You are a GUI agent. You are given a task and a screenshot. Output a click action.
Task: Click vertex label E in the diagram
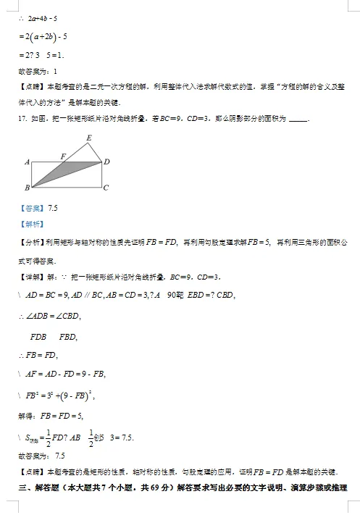coord(88,138)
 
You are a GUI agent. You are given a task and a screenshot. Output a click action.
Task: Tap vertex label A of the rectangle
coord(27,162)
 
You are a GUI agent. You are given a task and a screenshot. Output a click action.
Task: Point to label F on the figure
coord(64,156)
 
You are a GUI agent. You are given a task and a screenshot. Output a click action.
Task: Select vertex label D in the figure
coord(106,162)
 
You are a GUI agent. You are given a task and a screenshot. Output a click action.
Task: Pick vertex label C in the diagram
coord(106,188)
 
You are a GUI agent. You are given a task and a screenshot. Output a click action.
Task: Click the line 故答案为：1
coord(36,71)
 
